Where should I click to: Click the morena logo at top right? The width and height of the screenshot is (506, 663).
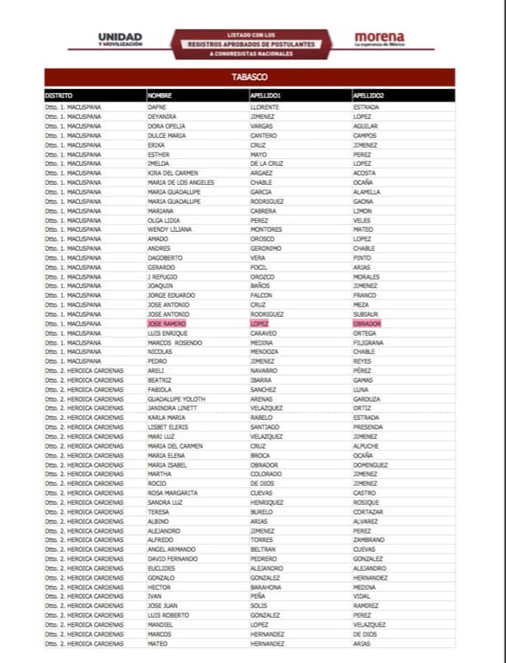point(379,39)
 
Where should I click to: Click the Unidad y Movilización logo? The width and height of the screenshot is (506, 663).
point(119,40)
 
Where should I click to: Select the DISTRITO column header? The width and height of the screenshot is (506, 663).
point(59,96)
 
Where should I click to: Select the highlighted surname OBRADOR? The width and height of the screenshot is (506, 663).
point(368,324)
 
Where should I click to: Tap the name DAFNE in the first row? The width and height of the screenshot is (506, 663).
point(157,107)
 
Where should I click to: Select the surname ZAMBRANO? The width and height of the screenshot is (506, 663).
point(368,540)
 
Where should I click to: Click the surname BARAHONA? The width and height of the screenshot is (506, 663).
point(267,587)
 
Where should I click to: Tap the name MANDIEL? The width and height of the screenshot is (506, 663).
point(160,624)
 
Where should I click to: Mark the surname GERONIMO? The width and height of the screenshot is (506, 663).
point(266,248)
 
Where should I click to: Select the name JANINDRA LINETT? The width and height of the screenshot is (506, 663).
point(172,408)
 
